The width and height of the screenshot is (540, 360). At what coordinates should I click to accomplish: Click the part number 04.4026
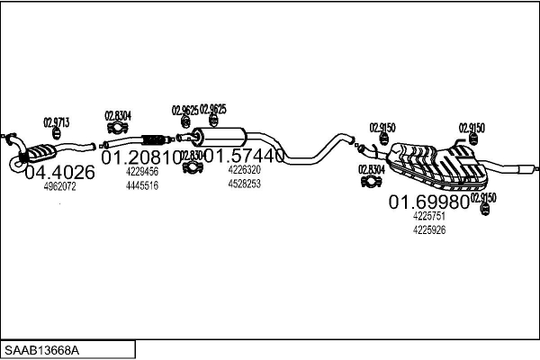[58, 172]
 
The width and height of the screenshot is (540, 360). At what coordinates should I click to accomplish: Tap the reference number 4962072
[59, 187]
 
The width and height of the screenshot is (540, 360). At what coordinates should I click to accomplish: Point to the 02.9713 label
[57, 122]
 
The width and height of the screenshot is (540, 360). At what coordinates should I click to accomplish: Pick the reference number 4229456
[142, 171]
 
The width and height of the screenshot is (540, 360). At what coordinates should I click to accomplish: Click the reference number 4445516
[142, 185]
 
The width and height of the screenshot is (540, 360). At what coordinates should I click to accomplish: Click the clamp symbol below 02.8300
[193, 168]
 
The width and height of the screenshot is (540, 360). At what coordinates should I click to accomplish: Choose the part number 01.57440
[244, 156]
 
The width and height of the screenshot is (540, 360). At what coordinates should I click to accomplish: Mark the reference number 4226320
[244, 169]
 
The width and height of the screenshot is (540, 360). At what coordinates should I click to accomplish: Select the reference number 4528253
[244, 184]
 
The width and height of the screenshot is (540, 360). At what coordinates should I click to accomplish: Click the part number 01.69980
[428, 202]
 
